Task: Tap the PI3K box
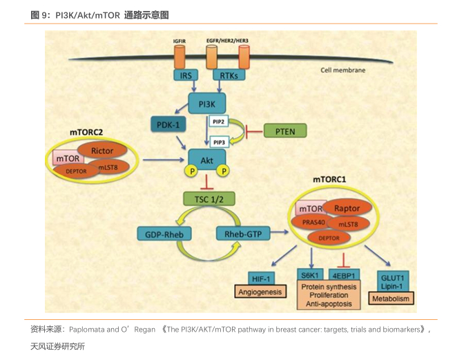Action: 207,104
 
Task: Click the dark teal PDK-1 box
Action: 168,125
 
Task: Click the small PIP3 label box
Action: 219,142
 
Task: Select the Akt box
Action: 206,160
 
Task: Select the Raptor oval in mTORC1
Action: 347,208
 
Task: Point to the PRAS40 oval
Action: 313,222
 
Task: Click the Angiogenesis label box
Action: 260,292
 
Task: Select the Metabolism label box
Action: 391,299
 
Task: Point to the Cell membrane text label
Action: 343,70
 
